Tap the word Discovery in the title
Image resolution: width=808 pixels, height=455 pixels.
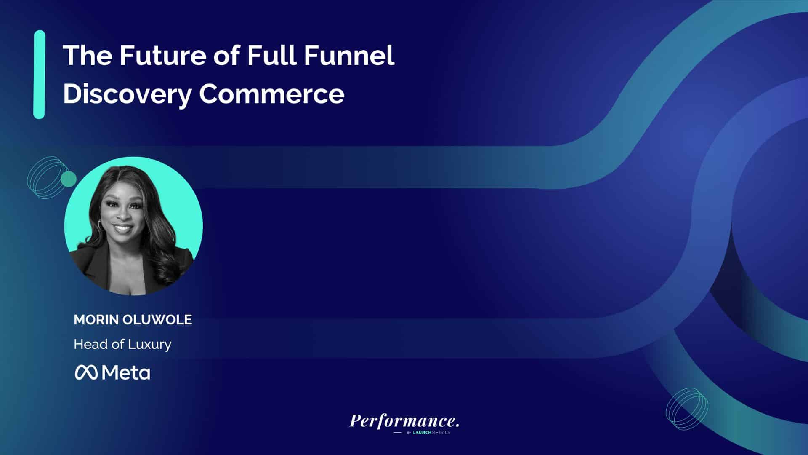coord(127,94)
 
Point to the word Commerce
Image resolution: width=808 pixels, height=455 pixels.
coord(271,94)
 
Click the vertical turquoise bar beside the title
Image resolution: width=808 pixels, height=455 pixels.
coord(39,75)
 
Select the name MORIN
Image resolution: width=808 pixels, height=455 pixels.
coord(96,320)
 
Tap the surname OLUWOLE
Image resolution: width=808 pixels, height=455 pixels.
coord(157,320)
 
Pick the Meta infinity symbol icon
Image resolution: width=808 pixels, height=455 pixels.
coord(86,372)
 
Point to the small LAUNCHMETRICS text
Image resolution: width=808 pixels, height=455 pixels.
coord(431,433)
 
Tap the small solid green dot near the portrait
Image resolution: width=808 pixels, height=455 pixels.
coord(69,179)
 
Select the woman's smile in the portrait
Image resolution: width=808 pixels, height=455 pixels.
coord(123,229)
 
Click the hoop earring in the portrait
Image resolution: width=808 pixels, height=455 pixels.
coord(101,225)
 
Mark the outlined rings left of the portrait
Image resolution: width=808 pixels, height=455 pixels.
coord(48,177)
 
